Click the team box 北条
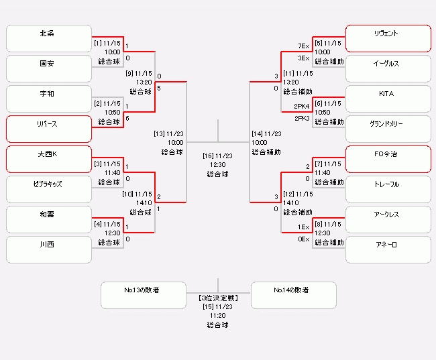tap(48, 39)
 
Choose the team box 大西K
tap(48, 160)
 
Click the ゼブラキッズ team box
tap(48, 190)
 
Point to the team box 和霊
tap(48, 220)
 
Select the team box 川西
tap(48, 250)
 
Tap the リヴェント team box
tap(388, 39)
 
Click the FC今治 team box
tap(388, 160)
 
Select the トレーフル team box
tap(388, 190)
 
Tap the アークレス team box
tap(388, 220)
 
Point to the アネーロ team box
tap(388, 250)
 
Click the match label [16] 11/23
tap(217, 156)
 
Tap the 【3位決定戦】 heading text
tap(217, 297)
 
